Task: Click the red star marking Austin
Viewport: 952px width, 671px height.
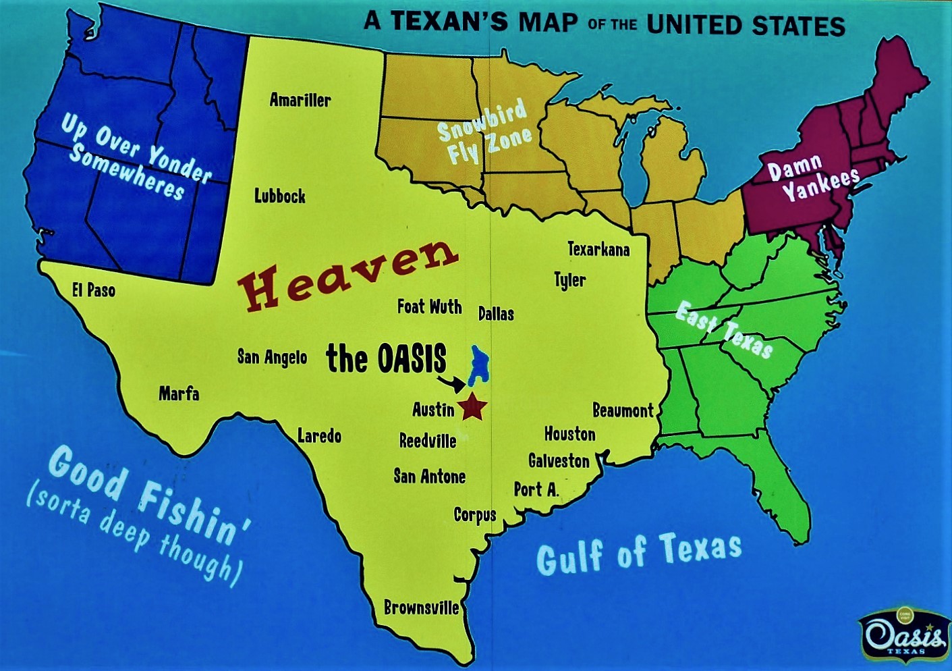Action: [x=472, y=407]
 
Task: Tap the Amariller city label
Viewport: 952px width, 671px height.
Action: [x=300, y=101]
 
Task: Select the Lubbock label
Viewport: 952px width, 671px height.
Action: [x=279, y=196]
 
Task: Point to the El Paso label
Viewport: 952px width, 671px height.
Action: [x=94, y=290]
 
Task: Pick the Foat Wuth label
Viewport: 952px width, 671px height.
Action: [x=429, y=306]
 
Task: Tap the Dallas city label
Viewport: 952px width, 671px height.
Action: [x=496, y=314]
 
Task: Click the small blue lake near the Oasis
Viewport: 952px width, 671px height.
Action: [x=479, y=365]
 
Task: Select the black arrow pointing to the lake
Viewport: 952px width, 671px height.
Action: [x=451, y=383]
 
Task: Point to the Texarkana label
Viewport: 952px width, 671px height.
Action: [x=598, y=250]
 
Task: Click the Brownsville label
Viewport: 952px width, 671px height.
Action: [x=421, y=608]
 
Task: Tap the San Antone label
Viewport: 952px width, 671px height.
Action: [x=429, y=477]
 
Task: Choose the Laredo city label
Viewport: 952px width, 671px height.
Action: [x=319, y=436]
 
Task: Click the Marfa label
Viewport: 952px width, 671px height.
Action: [x=179, y=394]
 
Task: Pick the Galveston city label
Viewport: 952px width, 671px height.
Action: [x=559, y=461]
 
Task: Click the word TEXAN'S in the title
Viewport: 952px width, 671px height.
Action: [x=449, y=22]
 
